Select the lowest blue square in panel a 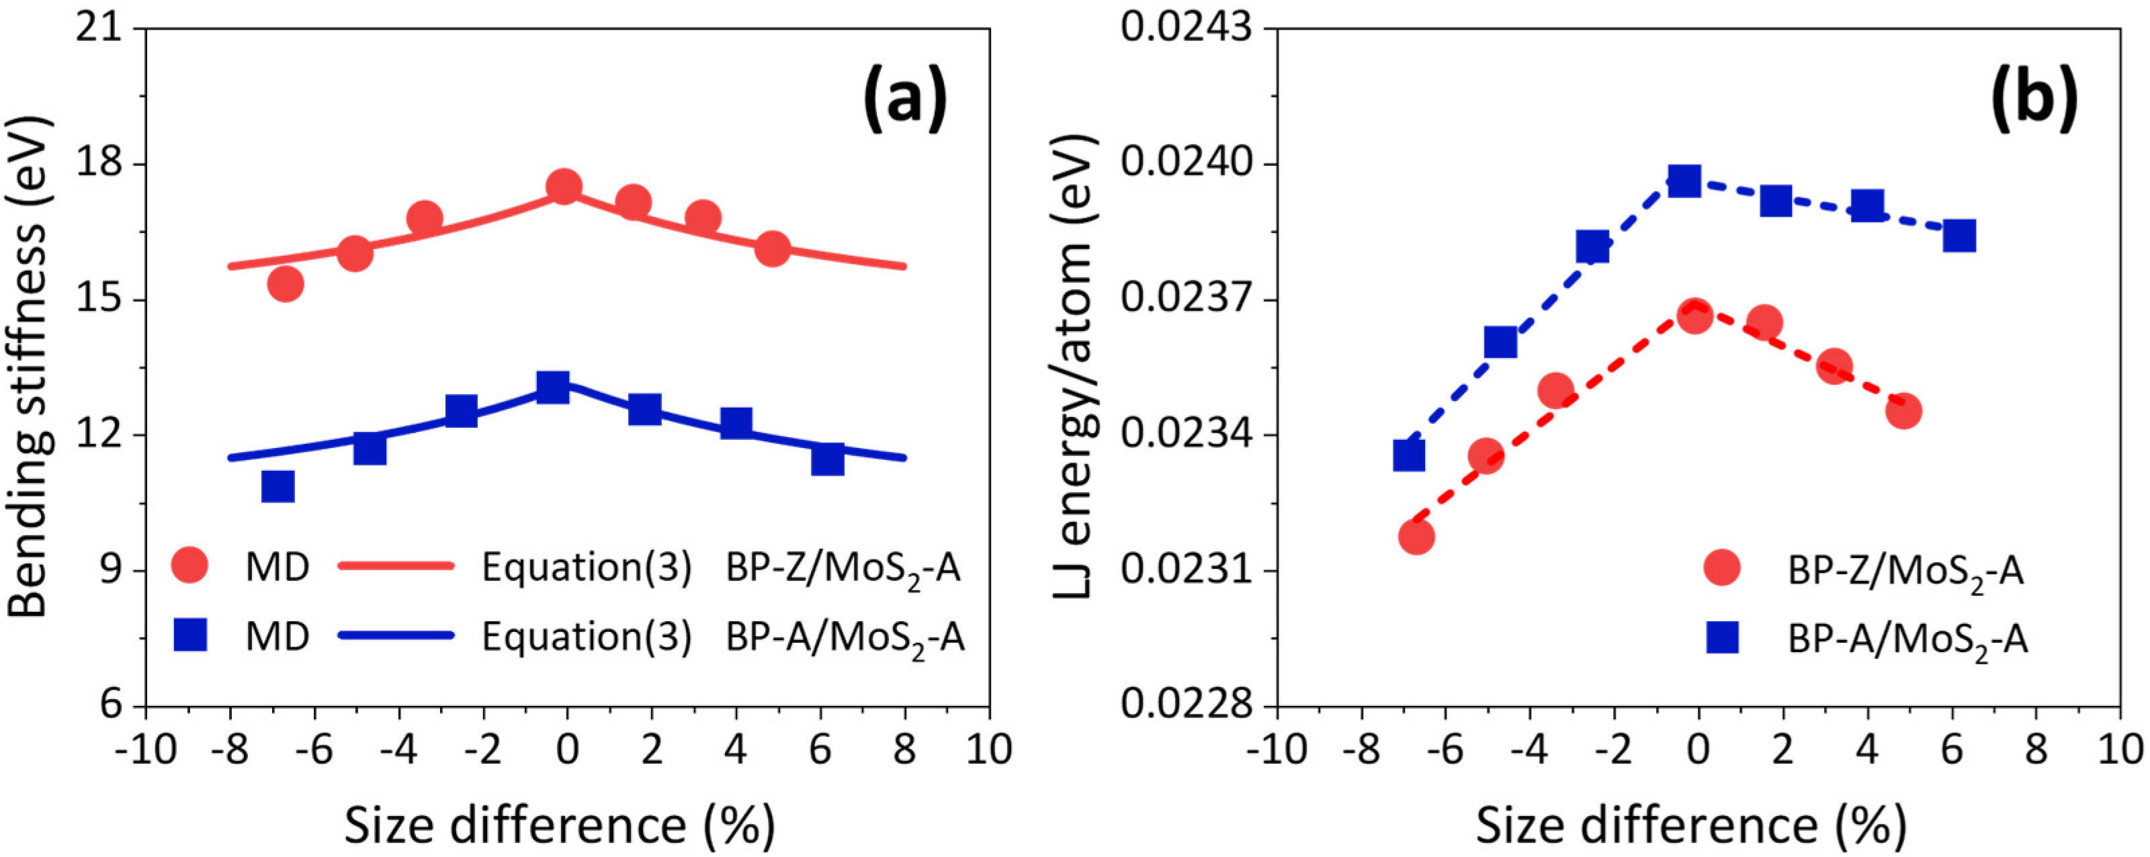[x=278, y=486]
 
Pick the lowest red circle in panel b [x=1416, y=536]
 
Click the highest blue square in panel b [x=1685, y=180]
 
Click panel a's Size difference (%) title [x=559, y=825]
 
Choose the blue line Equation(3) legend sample [x=396, y=636]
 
